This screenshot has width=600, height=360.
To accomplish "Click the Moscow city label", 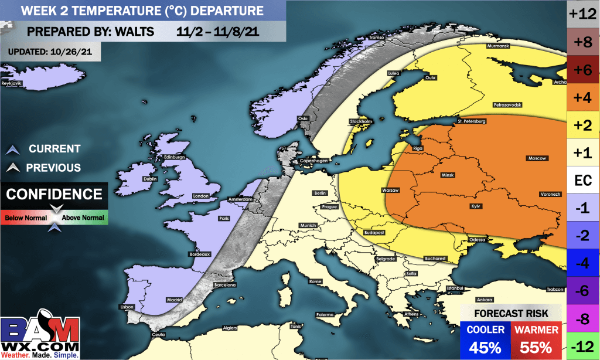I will tap(537, 158).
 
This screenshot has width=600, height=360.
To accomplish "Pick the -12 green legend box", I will tap(583, 347).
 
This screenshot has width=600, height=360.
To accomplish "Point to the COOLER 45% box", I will tap(486, 338).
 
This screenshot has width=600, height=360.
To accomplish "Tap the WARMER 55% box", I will tap(537, 338).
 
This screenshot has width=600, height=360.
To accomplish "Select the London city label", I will tap(201, 196).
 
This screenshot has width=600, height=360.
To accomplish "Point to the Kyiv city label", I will tap(476, 206).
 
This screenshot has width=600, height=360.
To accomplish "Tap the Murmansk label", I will tap(499, 46).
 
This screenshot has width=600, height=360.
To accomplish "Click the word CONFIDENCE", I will tap(54, 194).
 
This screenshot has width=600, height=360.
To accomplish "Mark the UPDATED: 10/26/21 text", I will tap(50, 52).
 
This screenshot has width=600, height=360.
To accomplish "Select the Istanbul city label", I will tap(455, 288).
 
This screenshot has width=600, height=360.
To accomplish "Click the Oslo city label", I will tap(303, 118).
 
